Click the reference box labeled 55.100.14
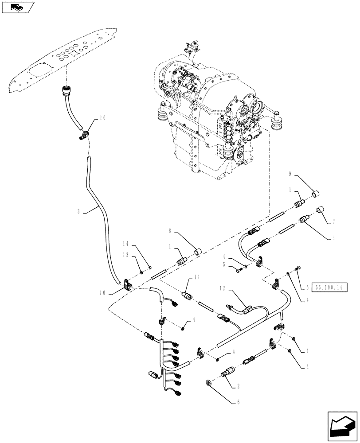pyautogui.click(x=329, y=287)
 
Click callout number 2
pyautogui.click(x=239, y=385)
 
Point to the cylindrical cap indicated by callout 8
pyautogui.click(x=198, y=253)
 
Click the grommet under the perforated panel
pyautogui.click(x=67, y=92)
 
